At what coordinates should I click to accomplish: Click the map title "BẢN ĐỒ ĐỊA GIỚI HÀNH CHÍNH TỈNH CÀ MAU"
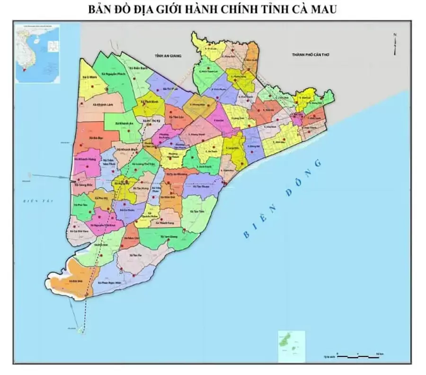[213, 9]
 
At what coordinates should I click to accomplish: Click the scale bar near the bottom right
[359, 354]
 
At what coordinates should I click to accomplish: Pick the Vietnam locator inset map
[38, 54]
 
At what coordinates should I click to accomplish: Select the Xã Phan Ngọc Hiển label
[109, 282]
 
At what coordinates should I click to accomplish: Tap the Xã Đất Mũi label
[73, 280]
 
